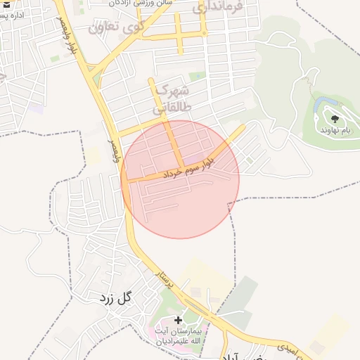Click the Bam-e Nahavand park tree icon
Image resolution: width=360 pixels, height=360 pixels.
(334, 119)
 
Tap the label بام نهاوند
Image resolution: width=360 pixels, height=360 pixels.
(335, 130)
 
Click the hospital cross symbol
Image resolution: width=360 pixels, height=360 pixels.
(178, 321)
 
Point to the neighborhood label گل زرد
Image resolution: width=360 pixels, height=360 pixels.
(115, 297)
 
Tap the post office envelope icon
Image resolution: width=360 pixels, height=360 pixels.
(3, 3)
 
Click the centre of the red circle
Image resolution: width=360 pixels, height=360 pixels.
(180, 179)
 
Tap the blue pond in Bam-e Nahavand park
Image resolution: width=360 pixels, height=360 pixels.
(325, 105)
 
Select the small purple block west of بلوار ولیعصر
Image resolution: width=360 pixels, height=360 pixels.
(37, 108)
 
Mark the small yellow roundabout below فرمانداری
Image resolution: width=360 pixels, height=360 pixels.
(203, 32)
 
